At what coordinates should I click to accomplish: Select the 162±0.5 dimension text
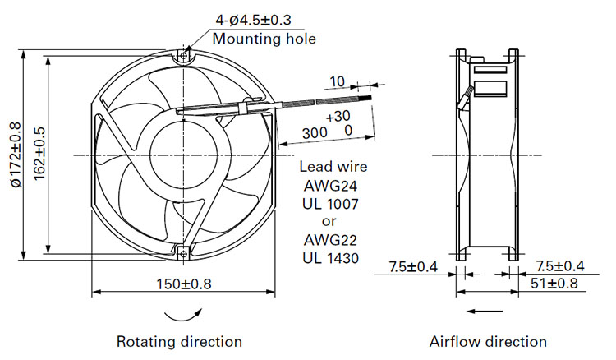[39, 154]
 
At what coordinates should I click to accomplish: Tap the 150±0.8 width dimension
[184, 284]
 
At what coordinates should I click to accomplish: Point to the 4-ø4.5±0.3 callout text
[254, 20]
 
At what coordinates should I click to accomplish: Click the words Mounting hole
[264, 39]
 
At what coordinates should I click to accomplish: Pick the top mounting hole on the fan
[184, 56]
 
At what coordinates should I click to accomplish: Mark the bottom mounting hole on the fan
[184, 253]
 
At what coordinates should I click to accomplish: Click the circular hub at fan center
[184, 155]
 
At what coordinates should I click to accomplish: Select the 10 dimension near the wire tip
[337, 81]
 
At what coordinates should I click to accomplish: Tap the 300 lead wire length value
[315, 133]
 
